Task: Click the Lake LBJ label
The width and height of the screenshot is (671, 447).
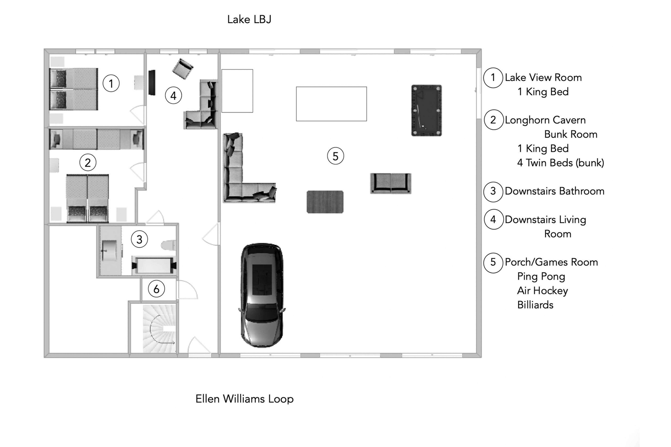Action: tap(249, 19)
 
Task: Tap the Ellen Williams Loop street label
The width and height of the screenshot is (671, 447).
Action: tap(244, 399)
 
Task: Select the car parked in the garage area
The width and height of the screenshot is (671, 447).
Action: tap(262, 295)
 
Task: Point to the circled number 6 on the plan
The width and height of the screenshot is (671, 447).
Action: tap(156, 289)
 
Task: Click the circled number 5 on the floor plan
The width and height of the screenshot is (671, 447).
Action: tap(335, 156)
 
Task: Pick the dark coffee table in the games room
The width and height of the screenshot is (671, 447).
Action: tap(325, 202)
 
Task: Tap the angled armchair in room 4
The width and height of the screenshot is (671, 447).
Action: tap(182, 69)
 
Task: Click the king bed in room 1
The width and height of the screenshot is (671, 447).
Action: tap(74, 89)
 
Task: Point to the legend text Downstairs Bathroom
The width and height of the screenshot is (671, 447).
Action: tap(554, 191)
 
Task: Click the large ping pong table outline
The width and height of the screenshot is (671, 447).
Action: tap(331, 104)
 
